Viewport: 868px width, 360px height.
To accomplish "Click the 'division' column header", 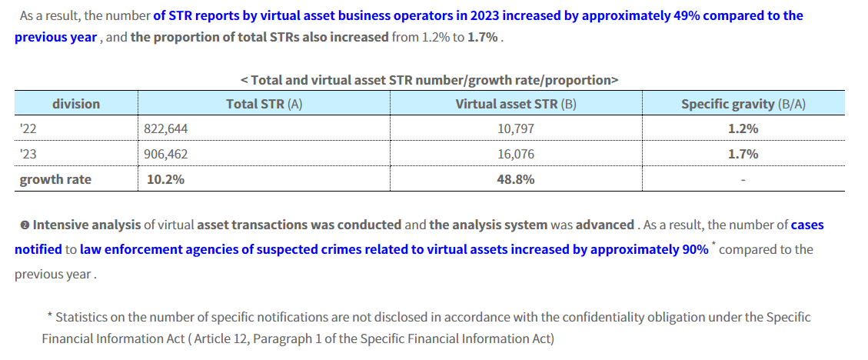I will pos(75,104).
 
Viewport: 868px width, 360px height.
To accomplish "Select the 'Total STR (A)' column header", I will pos(264,104).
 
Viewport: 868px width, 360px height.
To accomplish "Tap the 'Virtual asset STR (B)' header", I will pos(515,104).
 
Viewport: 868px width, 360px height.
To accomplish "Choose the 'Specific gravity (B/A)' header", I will pos(743,104).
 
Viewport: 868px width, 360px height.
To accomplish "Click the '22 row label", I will pos(28,129).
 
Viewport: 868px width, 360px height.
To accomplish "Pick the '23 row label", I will pos(28,154).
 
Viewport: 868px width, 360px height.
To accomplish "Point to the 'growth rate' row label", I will pos(55,179).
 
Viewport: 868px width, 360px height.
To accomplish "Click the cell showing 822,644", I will pos(165,129).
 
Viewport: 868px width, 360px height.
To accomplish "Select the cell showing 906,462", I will pos(165,154).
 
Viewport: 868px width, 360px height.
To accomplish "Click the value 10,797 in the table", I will pos(516,129).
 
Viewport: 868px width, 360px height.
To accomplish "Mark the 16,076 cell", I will pos(516,154).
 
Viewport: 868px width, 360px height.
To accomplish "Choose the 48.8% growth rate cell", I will pos(516,179).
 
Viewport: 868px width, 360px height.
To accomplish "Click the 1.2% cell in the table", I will pos(743,129).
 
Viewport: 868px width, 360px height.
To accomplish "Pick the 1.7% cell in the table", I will pos(743,154).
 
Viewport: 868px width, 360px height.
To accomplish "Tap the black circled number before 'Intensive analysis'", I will pos(25,225).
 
